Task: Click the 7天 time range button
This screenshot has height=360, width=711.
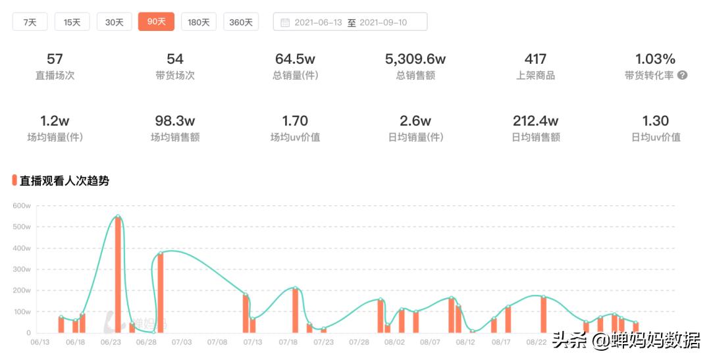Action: coord(30,22)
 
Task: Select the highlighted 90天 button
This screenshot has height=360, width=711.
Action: coord(156,22)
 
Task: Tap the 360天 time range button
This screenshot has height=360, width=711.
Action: coord(241,22)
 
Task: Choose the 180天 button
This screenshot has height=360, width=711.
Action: coord(199,22)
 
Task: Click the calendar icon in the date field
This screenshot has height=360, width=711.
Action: coord(285,22)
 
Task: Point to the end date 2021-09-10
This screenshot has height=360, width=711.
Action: coord(383,22)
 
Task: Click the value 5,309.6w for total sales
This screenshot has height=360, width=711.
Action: coord(415,59)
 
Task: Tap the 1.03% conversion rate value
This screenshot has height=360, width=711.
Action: coord(655,59)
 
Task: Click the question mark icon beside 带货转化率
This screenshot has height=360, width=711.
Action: coord(682,75)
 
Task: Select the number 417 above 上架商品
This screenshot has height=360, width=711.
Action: coord(535,59)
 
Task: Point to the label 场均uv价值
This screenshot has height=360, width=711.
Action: coord(296,137)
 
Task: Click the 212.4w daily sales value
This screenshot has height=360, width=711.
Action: coord(535,121)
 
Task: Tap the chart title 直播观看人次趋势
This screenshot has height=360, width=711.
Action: coord(65,180)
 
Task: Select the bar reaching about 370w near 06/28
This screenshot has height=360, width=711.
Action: coord(160,293)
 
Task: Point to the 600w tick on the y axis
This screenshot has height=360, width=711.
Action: coord(22,206)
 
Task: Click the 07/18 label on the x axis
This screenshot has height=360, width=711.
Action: coord(288,342)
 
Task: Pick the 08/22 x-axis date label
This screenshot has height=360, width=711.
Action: coord(537,342)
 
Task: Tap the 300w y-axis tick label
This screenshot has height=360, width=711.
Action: coord(22,269)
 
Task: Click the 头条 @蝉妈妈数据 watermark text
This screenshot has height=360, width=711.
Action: coord(626,340)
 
